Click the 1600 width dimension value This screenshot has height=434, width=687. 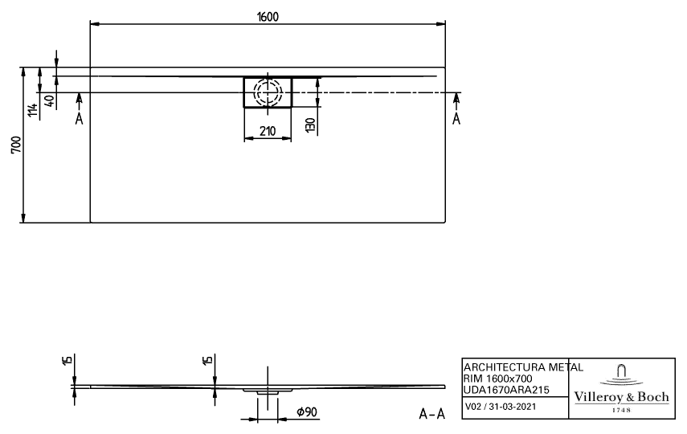pos(268,17)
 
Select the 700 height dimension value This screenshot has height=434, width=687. pos(16,145)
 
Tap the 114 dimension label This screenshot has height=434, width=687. pos(32,110)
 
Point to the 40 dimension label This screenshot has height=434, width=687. pos(50,101)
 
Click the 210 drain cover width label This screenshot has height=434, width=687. pos(268,131)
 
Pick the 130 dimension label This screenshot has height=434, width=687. pos(310,125)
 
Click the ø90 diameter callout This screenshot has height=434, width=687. pos(307,411)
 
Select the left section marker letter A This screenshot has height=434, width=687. pos(79,118)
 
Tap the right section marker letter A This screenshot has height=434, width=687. pos(456,118)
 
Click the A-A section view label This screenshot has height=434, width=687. pos(432,413)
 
